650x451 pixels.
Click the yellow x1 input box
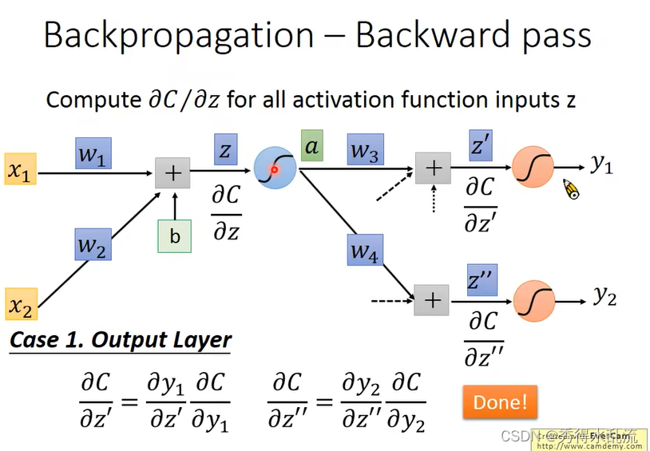(20, 169)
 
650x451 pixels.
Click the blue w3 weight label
(364, 151)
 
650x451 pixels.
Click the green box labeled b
(174, 236)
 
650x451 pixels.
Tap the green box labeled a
(312, 146)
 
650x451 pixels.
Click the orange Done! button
(500, 402)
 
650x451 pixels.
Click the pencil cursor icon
(571, 189)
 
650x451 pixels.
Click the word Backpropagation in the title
(178, 36)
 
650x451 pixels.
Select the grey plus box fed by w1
(172, 172)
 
